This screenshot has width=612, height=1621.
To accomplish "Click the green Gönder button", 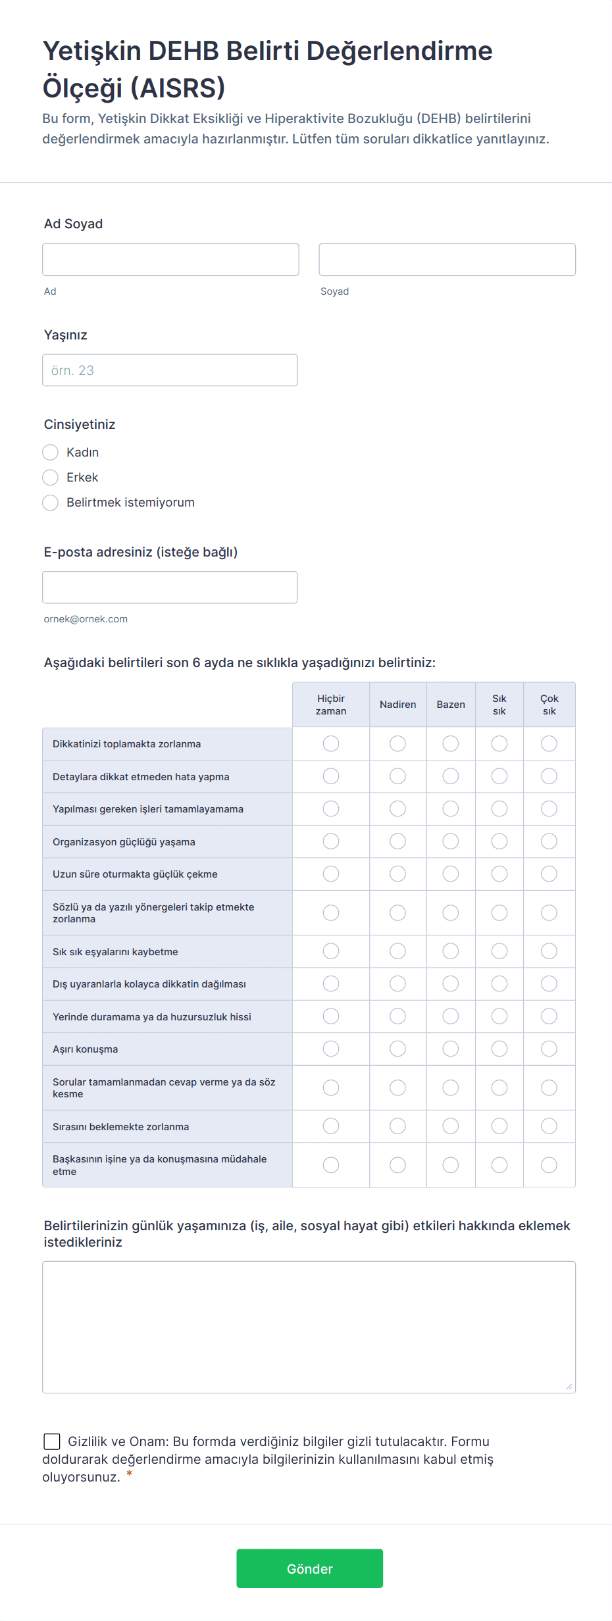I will click(309, 1568).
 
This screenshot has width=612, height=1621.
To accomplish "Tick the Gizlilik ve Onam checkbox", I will click(52, 1441).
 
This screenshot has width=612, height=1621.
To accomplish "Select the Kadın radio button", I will click(51, 453).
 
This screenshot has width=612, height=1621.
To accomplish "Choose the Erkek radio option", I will click(51, 478).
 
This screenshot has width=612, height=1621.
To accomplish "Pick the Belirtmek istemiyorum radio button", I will click(51, 503).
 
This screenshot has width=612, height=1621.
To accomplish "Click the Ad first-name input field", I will click(170, 260).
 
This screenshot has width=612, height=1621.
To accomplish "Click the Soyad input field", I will click(447, 260).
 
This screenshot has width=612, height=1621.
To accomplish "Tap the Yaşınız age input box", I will click(170, 370).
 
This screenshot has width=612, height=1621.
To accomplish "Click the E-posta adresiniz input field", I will click(170, 587).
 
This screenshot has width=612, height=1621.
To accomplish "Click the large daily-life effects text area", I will click(309, 1327).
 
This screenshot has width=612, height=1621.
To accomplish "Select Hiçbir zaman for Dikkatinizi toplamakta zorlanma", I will click(331, 744).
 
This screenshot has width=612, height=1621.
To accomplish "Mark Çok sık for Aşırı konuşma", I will click(549, 1049).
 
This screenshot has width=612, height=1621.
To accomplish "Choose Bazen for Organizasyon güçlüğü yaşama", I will click(451, 841).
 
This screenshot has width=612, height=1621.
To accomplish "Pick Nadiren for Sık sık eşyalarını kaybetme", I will click(397, 951).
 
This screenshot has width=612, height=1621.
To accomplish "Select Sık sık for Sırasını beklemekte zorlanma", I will click(499, 1126).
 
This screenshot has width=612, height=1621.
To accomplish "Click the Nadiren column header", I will click(397, 705).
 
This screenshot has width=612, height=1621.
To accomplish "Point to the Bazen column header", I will click(451, 705).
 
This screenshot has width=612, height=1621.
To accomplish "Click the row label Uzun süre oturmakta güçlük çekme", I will click(135, 874).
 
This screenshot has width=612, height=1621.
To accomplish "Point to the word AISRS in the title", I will click(178, 88).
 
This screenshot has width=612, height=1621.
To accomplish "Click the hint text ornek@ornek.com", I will click(86, 619).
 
